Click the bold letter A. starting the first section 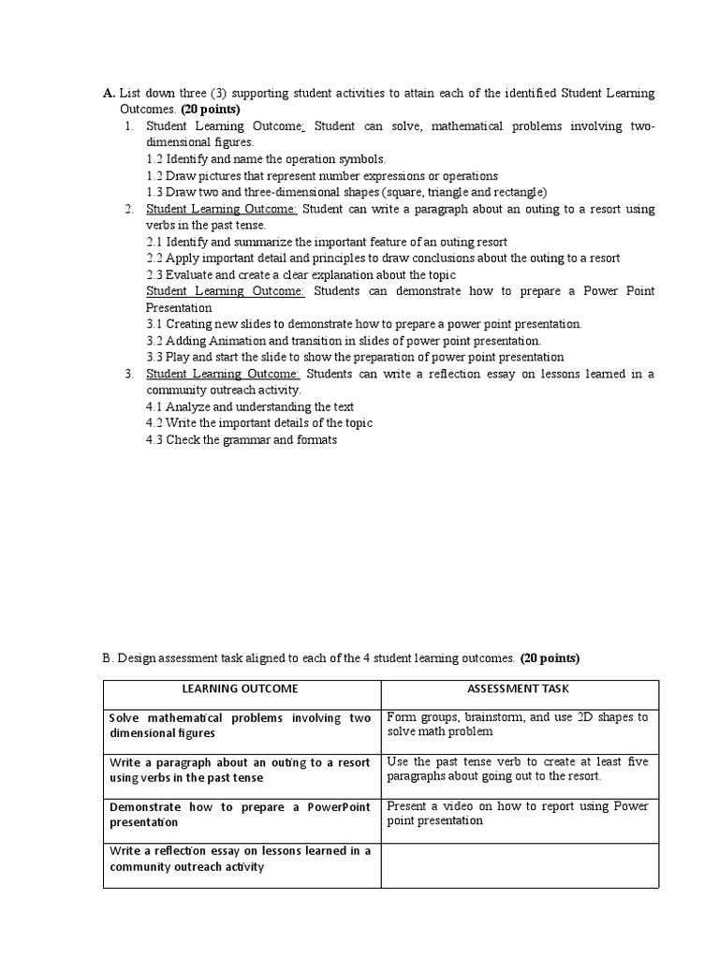[x=109, y=94]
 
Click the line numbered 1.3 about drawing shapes [x=346, y=192]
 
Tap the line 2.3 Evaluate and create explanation [x=301, y=274]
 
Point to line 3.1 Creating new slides [x=364, y=324]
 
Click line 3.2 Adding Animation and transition [x=344, y=341]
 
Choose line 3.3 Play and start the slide [x=355, y=357]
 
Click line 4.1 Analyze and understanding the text [x=250, y=406]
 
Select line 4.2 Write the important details [x=258, y=422]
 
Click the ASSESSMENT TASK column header [x=519, y=688]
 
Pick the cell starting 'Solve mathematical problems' [x=240, y=726]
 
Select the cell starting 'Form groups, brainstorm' [x=517, y=724]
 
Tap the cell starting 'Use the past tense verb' [x=517, y=769]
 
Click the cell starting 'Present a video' [x=517, y=813]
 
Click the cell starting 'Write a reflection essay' [x=240, y=859]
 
